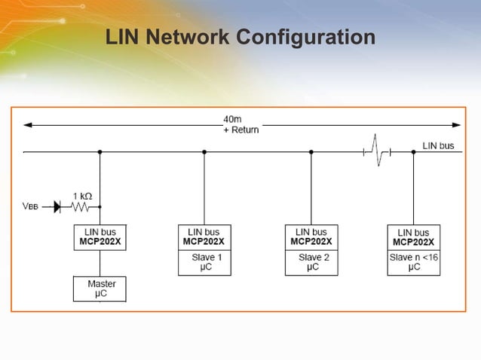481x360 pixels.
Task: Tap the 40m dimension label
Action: [x=232, y=119]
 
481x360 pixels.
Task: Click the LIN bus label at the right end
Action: [x=437, y=145]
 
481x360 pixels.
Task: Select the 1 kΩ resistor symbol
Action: [x=81, y=206]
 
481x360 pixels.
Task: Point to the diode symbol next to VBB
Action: [x=56, y=206]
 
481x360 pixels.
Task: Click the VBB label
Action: [x=29, y=206]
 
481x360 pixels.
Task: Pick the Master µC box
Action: [x=100, y=288]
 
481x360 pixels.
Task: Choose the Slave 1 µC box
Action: [x=204, y=262]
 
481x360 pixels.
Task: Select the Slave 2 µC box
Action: [x=311, y=262]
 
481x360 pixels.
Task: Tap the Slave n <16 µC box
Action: [x=413, y=262]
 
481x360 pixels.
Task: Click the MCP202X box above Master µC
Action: [x=100, y=237]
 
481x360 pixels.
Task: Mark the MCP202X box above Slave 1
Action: [x=204, y=237]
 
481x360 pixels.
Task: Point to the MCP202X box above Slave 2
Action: [x=311, y=237]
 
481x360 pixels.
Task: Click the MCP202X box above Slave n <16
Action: [x=413, y=237]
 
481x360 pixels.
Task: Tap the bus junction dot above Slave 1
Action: [x=204, y=152]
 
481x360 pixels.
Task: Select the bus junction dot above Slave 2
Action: [x=311, y=152]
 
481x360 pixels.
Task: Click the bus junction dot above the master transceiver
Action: [x=100, y=152]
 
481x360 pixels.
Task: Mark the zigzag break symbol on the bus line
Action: [x=377, y=151]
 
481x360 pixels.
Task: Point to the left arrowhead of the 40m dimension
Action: [x=28, y=124]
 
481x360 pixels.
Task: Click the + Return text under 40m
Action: [x=241, y=130]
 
